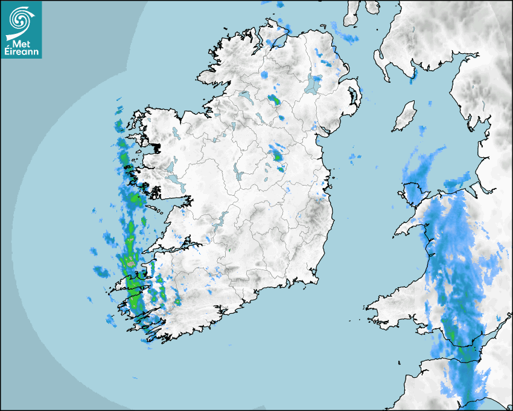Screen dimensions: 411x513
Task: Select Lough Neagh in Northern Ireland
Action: (x=314, y=83)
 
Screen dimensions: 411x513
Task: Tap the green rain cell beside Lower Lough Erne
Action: (x=275, y=100)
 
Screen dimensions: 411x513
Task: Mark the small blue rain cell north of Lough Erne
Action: (x=264, y=75)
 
